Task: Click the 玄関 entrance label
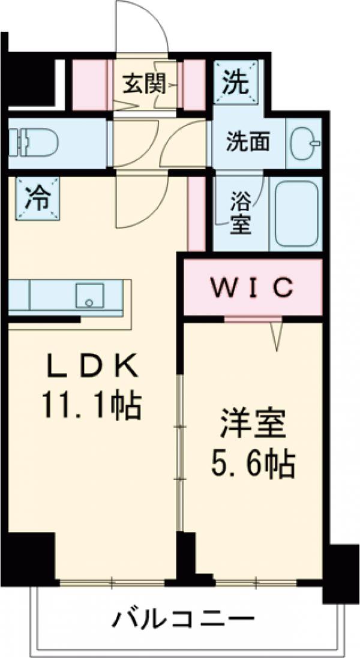(144, 84)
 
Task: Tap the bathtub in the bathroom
(298, 214)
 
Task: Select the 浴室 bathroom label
(241, 213)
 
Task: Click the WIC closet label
(253, 287)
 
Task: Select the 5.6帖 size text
(251, 463)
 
